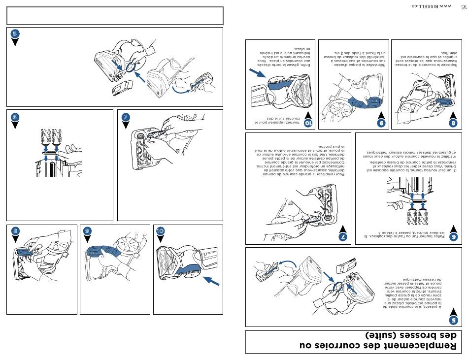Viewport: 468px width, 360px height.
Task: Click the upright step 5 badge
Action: (15, 34)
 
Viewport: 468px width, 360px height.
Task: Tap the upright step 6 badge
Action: (15, 117)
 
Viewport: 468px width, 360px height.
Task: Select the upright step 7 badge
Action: (126, 117)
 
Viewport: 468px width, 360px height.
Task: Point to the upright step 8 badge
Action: (15, 231)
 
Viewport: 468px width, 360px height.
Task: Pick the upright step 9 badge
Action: (88, 231)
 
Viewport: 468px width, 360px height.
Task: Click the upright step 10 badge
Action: (161, 231)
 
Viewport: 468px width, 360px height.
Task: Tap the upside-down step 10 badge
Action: (308, 123)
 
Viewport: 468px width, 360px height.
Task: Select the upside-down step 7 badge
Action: (344, 237)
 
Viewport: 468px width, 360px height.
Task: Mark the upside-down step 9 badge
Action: (381, 123)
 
